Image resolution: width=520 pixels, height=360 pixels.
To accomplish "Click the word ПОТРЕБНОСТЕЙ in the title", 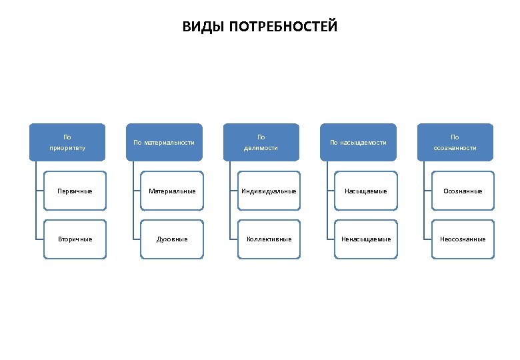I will click(283, 27).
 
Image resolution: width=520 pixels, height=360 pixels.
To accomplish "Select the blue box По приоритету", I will click(67, 142).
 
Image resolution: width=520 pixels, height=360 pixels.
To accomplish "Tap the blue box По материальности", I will click(164, 142).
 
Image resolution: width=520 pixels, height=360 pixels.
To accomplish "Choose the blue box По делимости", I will click(261, 142).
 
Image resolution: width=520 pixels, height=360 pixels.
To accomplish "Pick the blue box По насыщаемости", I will click(358, 142).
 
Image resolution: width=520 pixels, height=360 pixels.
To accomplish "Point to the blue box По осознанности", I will click(455, 142).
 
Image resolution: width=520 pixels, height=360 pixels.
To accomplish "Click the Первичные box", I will click(75, 191).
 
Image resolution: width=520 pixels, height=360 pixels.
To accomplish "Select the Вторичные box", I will click(75, 239).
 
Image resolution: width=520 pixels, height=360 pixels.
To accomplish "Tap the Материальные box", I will click(172, 191).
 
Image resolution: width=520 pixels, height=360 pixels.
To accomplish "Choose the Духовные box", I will click(172, 239).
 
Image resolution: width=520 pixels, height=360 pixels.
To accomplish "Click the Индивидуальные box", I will click(269, 191).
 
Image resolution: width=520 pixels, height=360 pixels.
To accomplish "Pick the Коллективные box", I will click(269, 239).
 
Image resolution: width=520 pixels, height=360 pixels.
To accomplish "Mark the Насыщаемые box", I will click(365, 191).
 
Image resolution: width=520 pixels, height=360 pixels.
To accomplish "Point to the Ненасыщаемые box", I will click(365, 239).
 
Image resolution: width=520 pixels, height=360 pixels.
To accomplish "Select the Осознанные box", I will click(463, 191).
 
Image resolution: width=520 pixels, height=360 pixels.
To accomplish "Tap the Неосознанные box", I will click(463, 239).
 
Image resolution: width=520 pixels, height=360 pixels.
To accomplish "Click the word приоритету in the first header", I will click(67, 147).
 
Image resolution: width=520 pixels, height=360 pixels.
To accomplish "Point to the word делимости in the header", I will click(261, 147).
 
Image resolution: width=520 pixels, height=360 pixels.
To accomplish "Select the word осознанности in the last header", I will click(455, 147).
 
